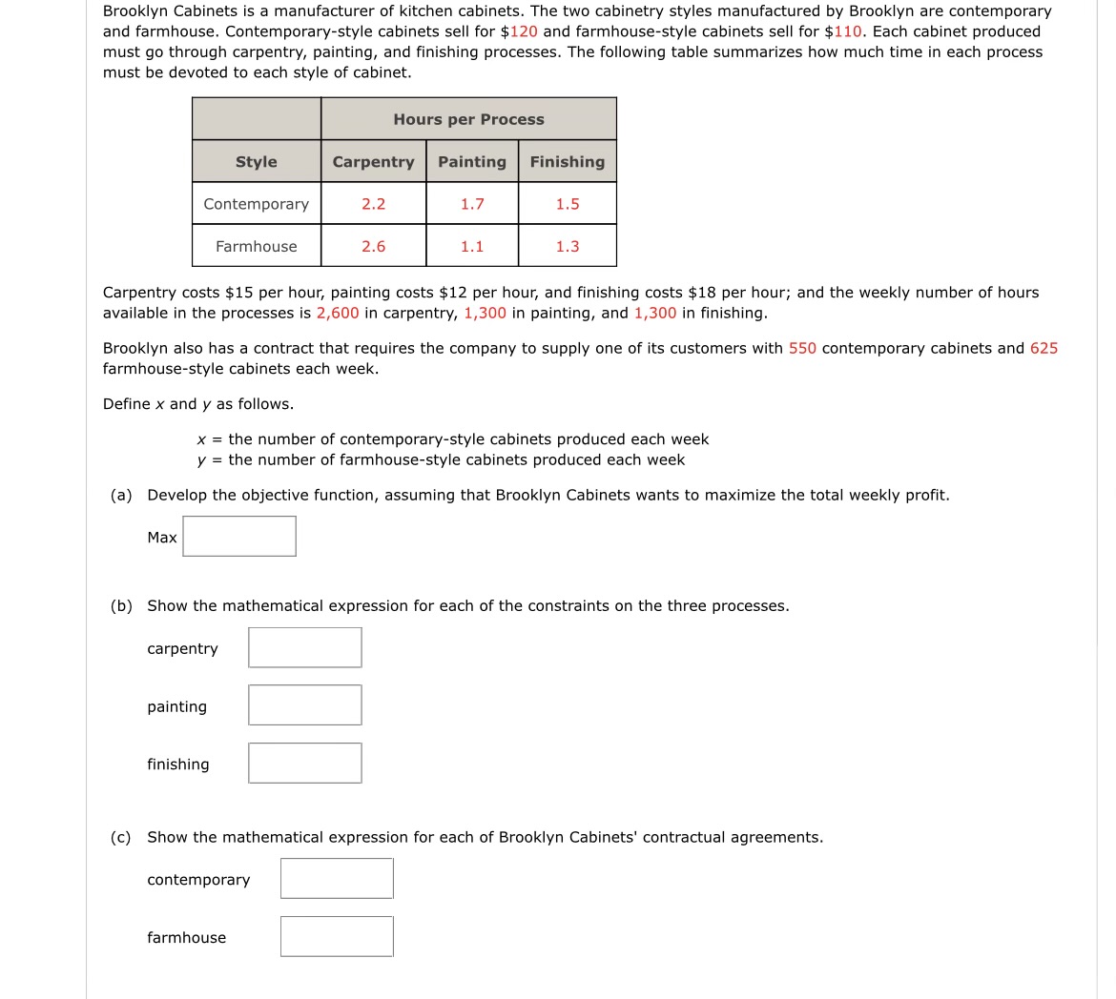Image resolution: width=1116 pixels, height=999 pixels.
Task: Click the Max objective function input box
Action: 239,537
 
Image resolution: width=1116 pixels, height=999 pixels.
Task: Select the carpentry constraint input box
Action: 304,647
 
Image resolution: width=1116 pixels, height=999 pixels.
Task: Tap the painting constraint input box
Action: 304,705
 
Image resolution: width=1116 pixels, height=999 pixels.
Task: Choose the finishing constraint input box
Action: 304,764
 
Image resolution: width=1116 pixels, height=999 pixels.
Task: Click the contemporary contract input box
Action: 337,879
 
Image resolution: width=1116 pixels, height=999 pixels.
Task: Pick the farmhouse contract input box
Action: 337,937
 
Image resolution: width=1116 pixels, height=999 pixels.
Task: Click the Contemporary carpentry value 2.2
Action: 373,204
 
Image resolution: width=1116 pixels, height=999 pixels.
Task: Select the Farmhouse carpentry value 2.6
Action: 373,246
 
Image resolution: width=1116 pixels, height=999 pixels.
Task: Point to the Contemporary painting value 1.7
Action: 472,204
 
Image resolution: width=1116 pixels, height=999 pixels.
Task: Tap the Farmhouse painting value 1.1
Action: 472,246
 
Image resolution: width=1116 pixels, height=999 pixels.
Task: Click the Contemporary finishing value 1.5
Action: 568,204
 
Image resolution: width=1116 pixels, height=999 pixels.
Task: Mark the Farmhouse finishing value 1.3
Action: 568,246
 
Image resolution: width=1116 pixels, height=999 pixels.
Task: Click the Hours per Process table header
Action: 468,119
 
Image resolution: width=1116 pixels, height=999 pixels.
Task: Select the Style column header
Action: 257,162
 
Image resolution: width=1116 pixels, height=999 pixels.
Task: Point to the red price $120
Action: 523,31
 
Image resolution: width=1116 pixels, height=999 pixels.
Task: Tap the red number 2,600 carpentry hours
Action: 338,313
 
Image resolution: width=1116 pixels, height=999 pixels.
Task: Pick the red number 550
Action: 802,348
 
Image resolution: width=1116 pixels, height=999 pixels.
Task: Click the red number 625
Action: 1044,348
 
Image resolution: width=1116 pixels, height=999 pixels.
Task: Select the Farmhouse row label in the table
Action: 257,246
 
